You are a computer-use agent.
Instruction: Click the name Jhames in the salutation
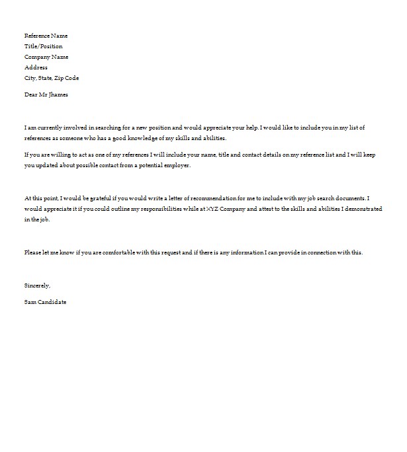[59, 94]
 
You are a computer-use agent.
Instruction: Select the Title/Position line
[44, 46]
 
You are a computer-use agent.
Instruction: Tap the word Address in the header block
[36, 67]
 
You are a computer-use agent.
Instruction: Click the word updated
[48, 166]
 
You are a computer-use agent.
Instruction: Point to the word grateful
[107, 198]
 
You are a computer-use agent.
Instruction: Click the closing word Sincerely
[37, 285]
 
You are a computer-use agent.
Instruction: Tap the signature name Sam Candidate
[45, 301]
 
